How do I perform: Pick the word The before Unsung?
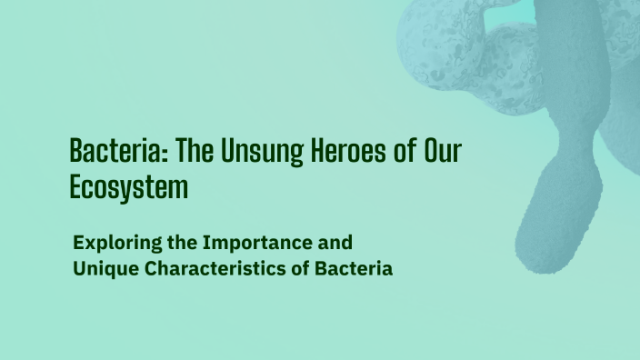(192, 151)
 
